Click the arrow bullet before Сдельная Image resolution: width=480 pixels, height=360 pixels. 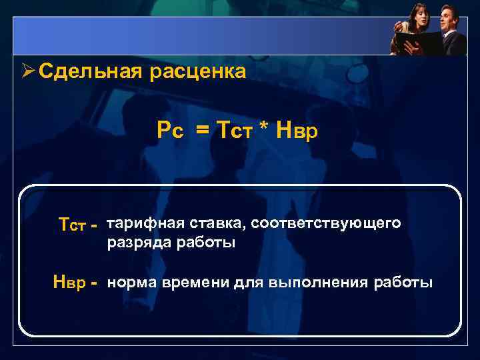(x=27, y=71)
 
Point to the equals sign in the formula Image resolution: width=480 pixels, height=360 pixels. (x=201, y=132)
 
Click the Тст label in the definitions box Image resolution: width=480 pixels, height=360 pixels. (x=73, y=226)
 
